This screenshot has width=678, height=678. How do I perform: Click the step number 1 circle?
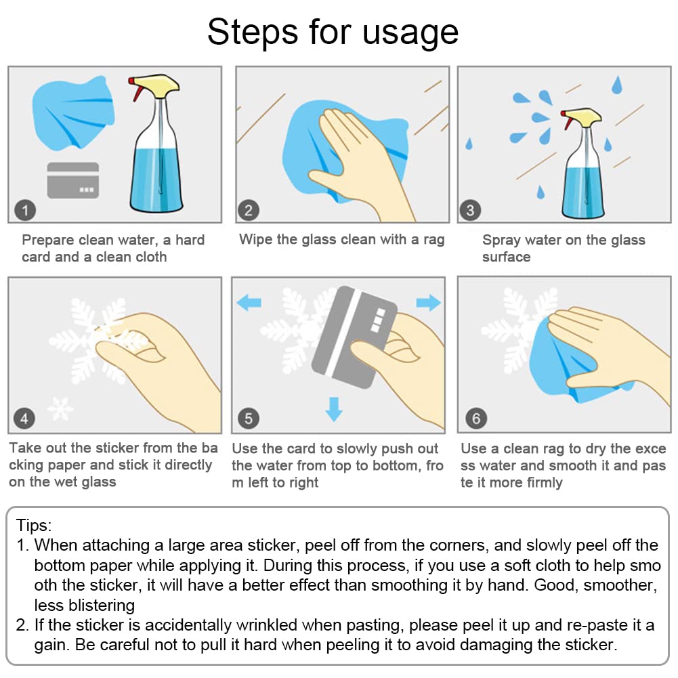tap(25, 210)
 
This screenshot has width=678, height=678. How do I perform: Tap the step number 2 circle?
tap(248, 210)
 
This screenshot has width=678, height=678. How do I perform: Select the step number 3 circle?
tap(470, 210)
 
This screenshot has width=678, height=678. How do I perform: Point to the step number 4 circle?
tap(24, 418)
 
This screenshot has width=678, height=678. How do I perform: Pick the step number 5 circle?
tap(248, 418)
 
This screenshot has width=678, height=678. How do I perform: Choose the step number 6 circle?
tap(476, 418)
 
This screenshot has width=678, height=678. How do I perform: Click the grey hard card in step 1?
tap(73, 180)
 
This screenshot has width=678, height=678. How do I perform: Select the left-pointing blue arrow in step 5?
tap(249, 302)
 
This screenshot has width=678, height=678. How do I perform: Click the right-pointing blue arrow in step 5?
tap(429, 302)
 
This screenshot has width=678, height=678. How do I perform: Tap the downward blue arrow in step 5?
tap(334, 409)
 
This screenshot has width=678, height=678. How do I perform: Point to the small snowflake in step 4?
tap(60, 408)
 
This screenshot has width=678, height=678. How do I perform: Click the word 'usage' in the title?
tap(410, 33)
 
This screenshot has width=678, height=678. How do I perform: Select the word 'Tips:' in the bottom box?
tap(34, 526)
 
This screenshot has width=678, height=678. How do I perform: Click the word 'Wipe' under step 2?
tap(256, 239)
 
